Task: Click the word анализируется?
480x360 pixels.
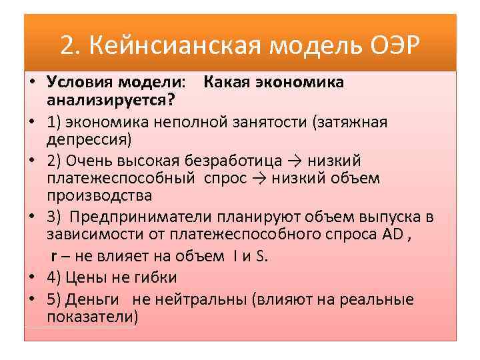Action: [x=111, y=100]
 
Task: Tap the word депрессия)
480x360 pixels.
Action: [x=89, y=139]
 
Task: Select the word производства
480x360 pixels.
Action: [x=99, y=196]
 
